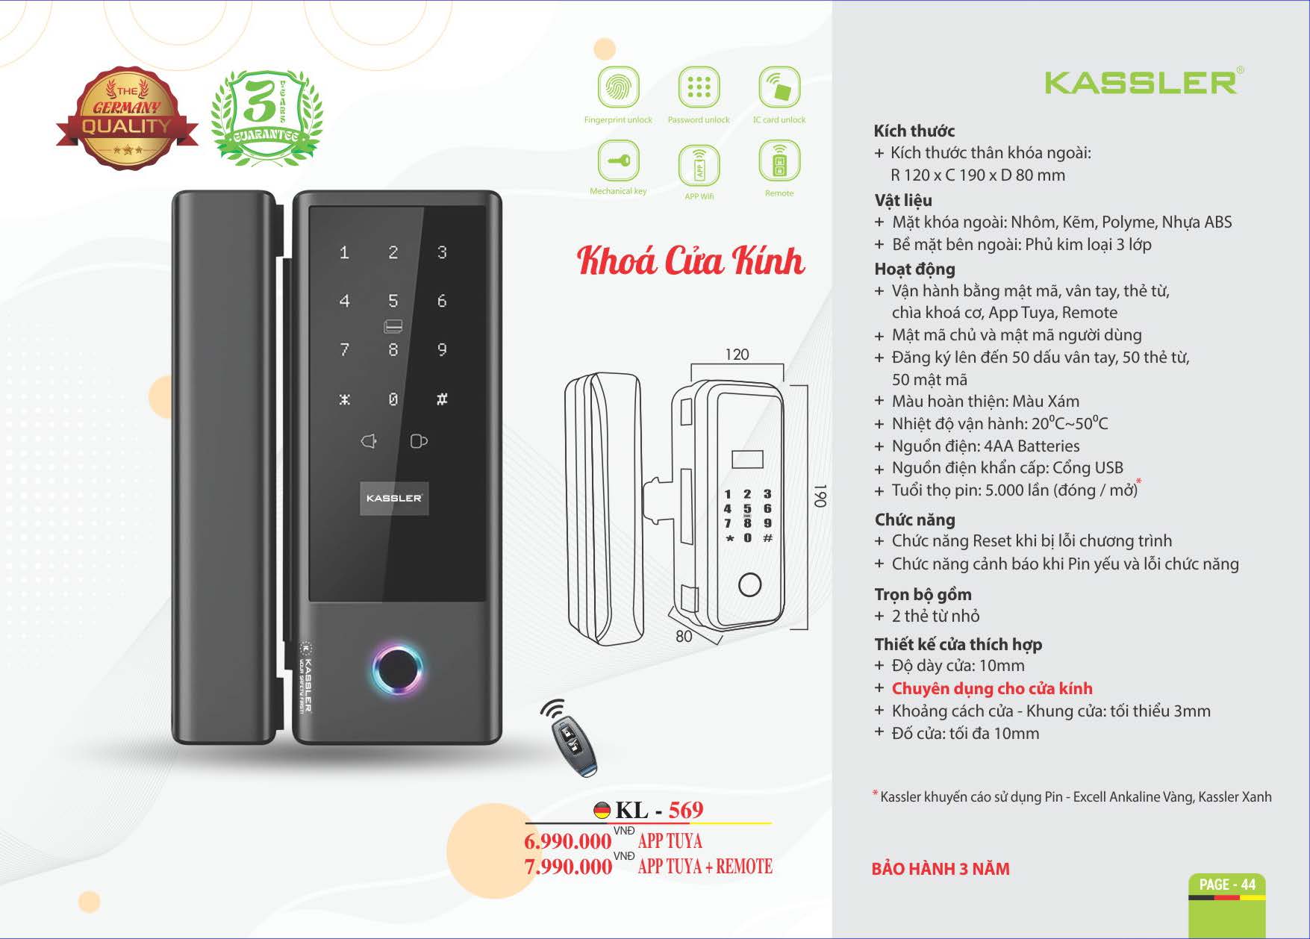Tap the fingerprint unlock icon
tap(618, 87)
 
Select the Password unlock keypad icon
tap(699, 87)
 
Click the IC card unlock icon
tap(779, 87)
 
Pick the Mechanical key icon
tap(618, 160)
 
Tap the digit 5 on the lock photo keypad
tap(393, 301)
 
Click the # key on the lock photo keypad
tap(442, 399)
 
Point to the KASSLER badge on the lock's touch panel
tap(394, 498)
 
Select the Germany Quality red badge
tap(127, 118)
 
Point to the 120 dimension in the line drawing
tap(737, 355)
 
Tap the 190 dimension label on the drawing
tap(820, 496)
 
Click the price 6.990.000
tap(567, 841)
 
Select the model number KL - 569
tap(659, 810)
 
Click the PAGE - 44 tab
tap(1227, 885)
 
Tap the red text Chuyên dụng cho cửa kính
tap(992, 688)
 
